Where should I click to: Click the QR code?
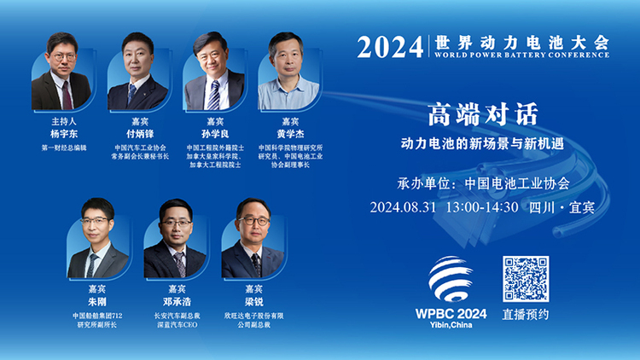point(526,279)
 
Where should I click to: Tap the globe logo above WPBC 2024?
point(451,278)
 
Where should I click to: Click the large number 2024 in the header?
point(390,47)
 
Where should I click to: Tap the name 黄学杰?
point(290,134)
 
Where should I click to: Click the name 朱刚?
point(97,301)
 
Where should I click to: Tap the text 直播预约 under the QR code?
point(526,315)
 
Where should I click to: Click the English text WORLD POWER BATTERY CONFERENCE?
point(521,55)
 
